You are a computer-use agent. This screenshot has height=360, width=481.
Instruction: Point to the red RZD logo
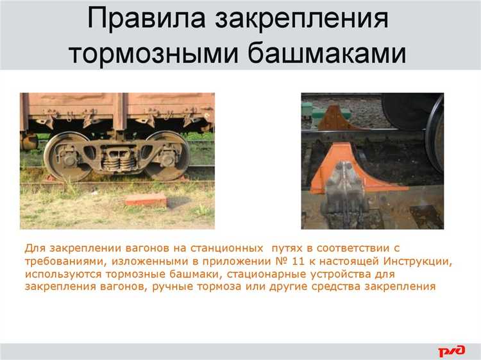[x=451, y=350]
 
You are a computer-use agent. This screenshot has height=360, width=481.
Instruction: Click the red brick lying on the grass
[x=146, y=200]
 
